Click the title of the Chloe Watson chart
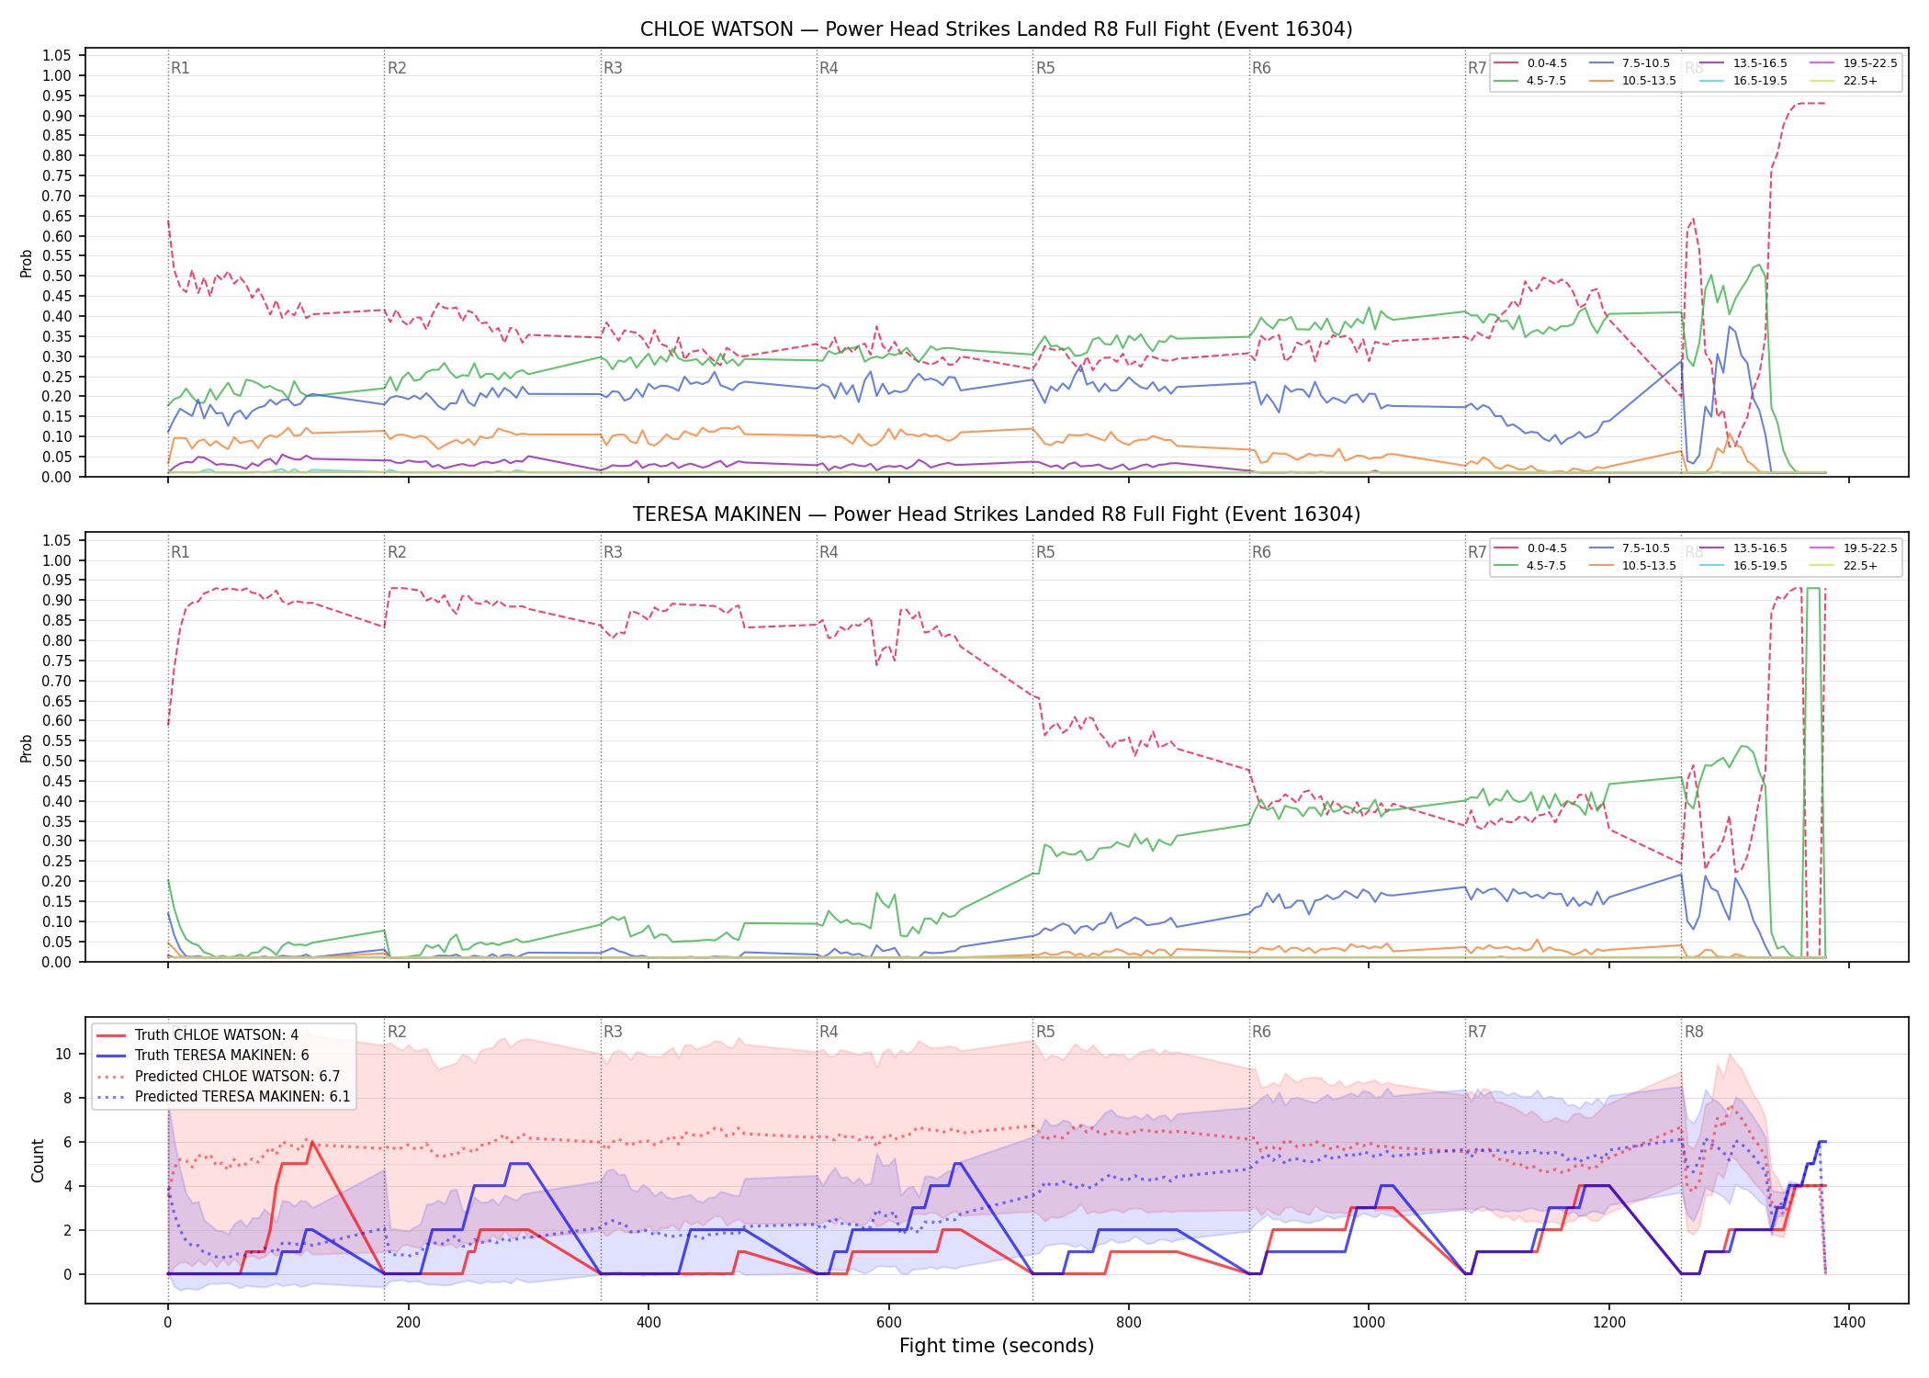pyautogui.click(x=996, y=29)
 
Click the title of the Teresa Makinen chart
pyautogui.click(x=996, y=514)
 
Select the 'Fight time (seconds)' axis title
pyautogui.click(x=997, y=1346)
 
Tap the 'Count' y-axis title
pyautogui.click(x=38, y=1160)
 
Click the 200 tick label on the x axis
pyautogui.click(x=408, y=1323)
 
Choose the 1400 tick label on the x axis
pyautogui.click(x=1849, y=1323)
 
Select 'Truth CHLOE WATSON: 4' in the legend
pyautogui.click(x=217, y=1035)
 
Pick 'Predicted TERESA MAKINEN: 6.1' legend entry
pyautogui.click(x=243, y=1097)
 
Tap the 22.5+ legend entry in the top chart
pyautogui.click(x=1860, y=81)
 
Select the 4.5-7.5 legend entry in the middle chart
pyautogui.click(x=1546, y=566)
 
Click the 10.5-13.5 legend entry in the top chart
pyautogui.click(x=1649, y=81)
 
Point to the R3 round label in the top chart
pyautogui.click(x=613, y=68)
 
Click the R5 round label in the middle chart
pyautogui.click(x=1045, y=552)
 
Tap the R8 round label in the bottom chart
pyautogui.click(x=1694, y=1032)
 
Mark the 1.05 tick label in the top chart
pyautogui.click(x=57, y=56)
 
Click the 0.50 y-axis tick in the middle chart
pyautogui.click(x=57, y=761)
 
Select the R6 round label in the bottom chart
pyautogui.click(x=1261, y=1032)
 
